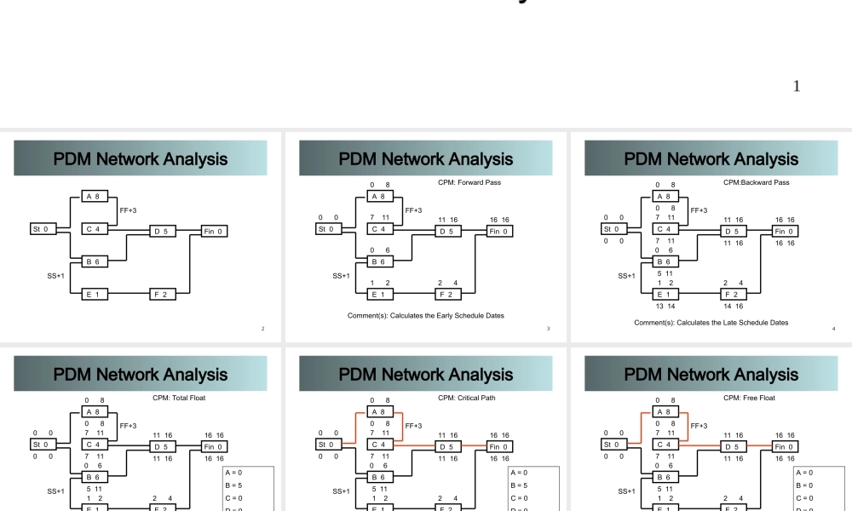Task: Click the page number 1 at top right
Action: (797, 86)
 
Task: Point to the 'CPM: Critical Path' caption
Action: (466, 398)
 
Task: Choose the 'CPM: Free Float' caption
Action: (749, 398)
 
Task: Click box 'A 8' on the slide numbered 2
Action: (94, 197)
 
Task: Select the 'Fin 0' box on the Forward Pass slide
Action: (499, 231)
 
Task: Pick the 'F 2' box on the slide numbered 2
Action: (162, 295)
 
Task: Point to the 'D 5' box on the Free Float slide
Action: (732, 445)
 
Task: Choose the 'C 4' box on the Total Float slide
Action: (94, 445)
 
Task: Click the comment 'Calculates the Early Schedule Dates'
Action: (426, 316)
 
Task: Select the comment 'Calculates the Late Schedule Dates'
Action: (711, 323)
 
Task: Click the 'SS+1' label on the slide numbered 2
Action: (55, 276)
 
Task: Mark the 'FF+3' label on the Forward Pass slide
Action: (414, 210)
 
